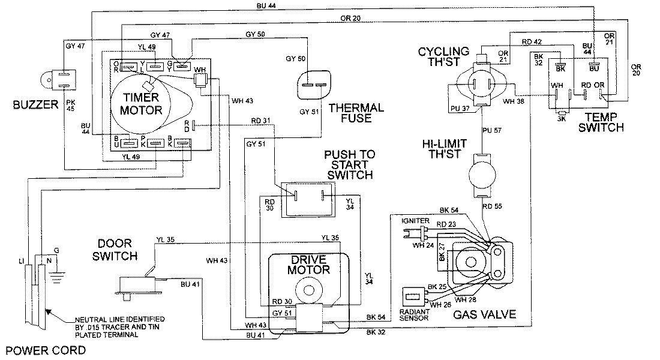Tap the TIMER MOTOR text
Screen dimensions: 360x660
coord(142,105)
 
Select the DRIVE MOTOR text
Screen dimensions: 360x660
coord(310,265)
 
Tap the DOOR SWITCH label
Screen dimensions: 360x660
coord(119,250)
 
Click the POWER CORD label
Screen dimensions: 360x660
coord(34,349)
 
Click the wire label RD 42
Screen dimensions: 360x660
coord(532,43)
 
